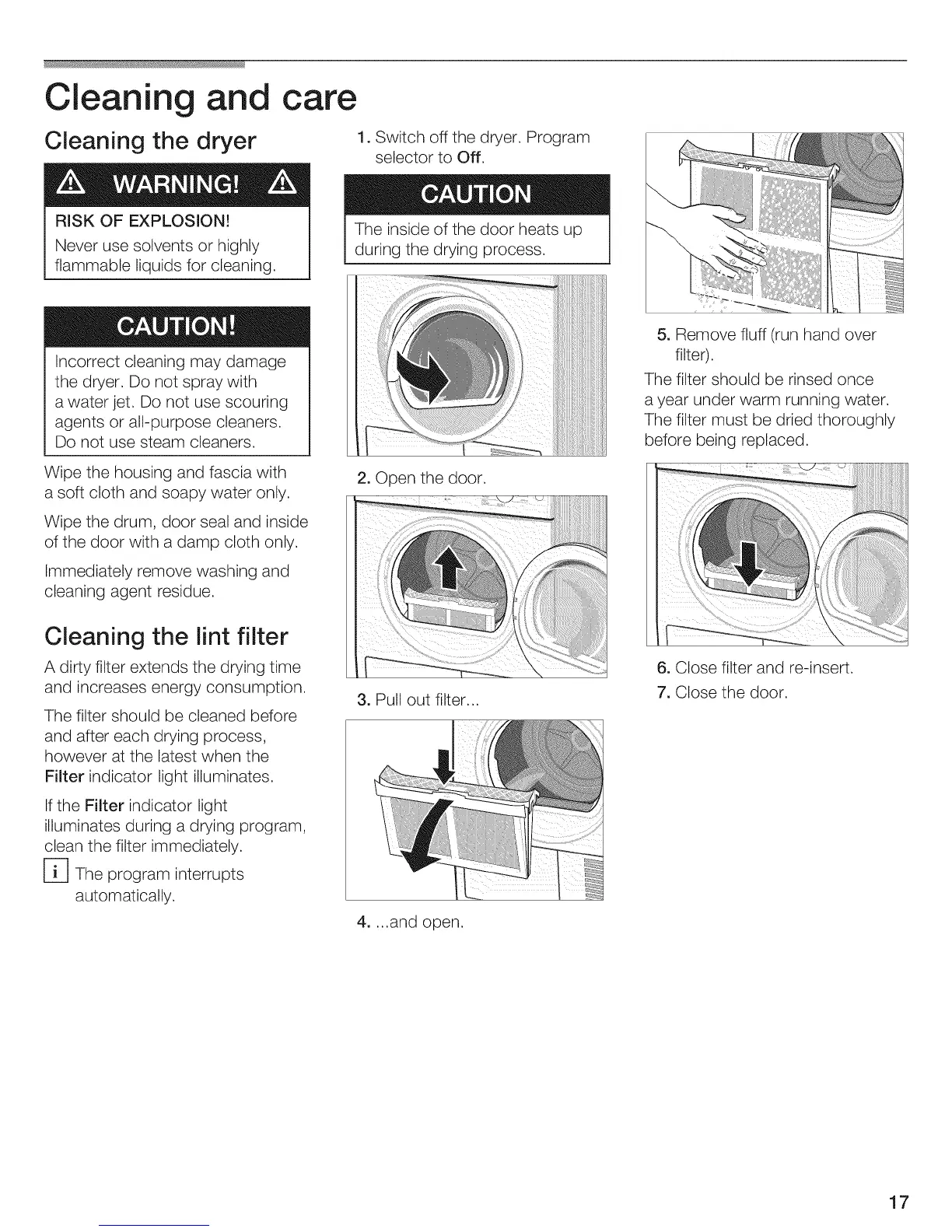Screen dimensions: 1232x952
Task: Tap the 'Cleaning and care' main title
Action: tap(201, 98)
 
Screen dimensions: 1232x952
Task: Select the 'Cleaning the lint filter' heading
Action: tap(166, 637)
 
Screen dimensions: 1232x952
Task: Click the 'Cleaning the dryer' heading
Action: tap(150, 141)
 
